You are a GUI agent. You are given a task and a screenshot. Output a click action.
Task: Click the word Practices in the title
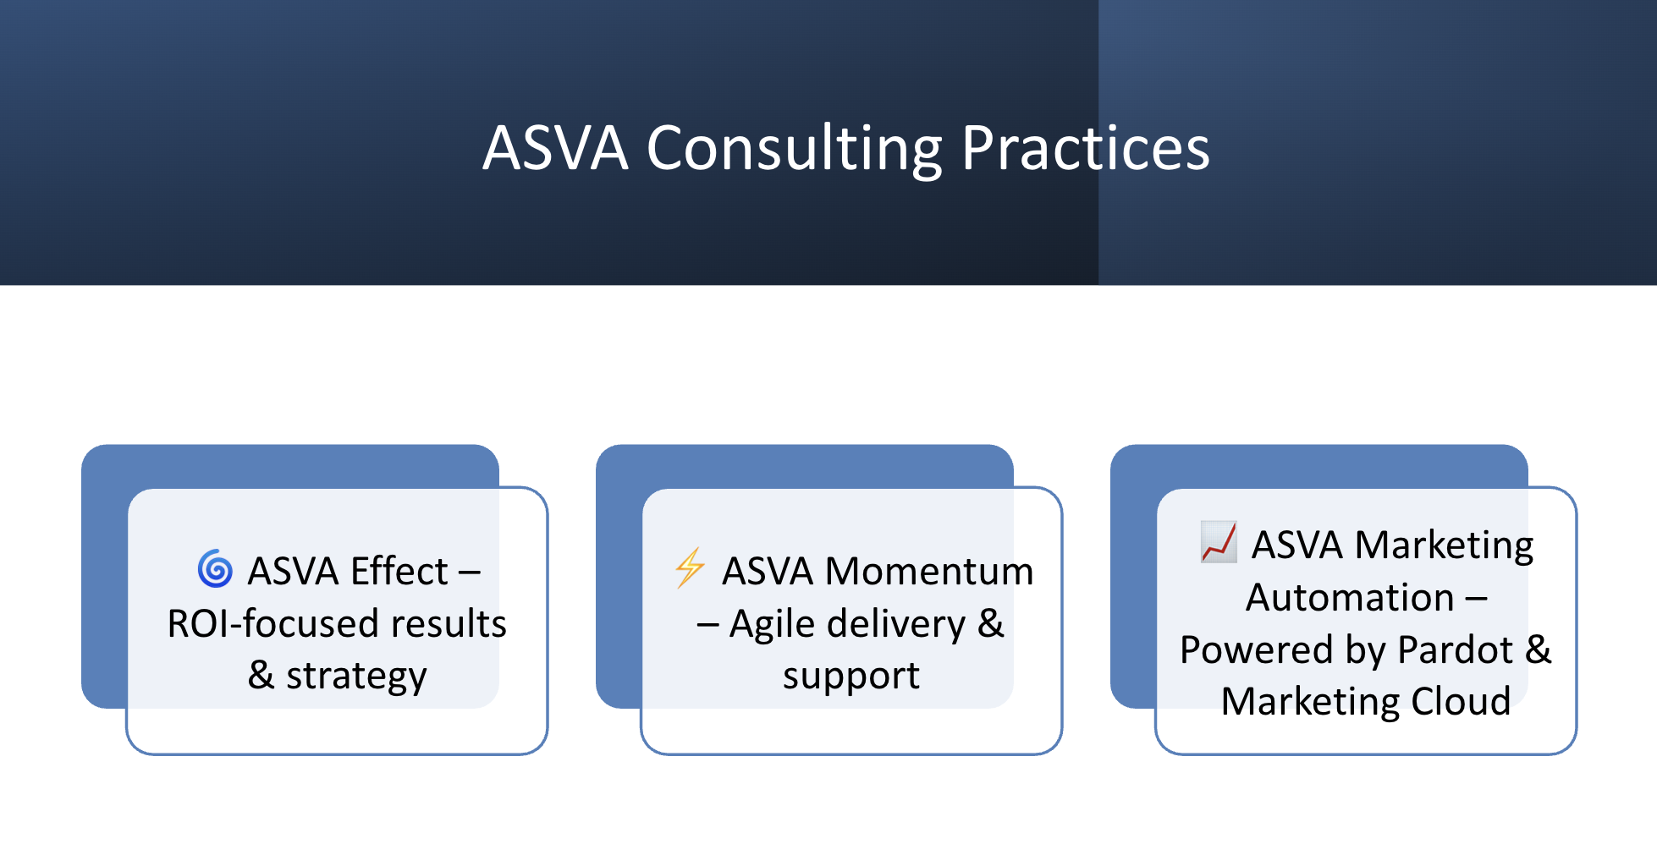pos(1086,148)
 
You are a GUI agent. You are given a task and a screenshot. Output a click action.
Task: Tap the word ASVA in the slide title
pos(555,148)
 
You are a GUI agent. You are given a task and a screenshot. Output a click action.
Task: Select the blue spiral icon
pos(215,568)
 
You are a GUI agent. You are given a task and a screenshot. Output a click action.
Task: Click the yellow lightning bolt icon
pos(690,567)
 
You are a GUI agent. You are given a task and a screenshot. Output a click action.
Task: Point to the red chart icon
pos(1219,542)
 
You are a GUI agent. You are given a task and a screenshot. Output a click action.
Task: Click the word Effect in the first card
pos(399,571)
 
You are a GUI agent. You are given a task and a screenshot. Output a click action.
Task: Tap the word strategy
pos(356,677)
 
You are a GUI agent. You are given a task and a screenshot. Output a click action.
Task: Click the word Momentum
pos(929,571)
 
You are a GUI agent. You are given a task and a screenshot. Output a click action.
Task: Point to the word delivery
pos(896,625)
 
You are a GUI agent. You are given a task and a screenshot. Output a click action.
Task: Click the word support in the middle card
pos(851,677)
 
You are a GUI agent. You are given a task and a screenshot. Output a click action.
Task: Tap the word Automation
pos(1350,597)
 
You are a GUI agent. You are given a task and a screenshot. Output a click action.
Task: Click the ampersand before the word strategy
pos(261,675)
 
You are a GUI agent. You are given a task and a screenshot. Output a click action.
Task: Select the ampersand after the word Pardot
pos(1539,649)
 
